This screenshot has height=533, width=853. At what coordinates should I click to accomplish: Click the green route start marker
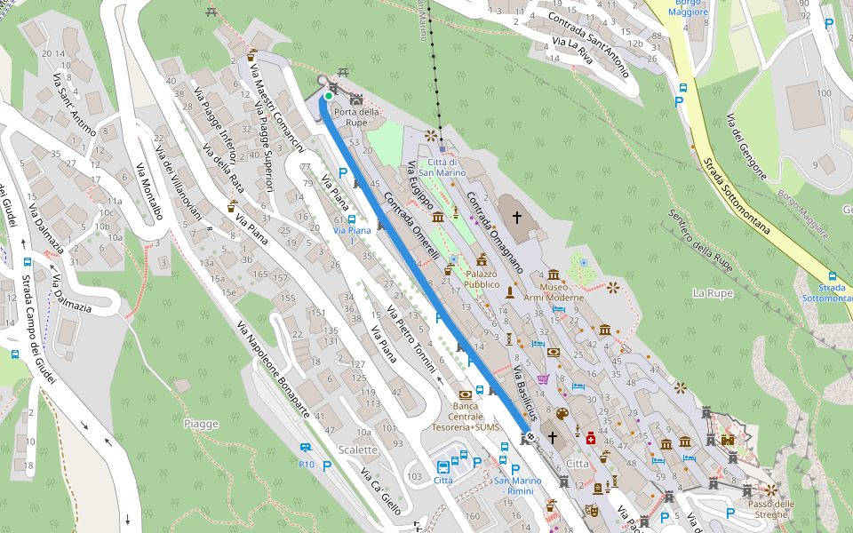pyautogui.click(x=328, y=96)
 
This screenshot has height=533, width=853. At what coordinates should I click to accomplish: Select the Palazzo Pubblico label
pyautogui.click(x=482, y=280)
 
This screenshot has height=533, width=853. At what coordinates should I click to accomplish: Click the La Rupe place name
pyautogui.click(x=711, y=292)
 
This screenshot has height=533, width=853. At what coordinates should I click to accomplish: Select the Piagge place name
pyautogui.click(x=201, y=424)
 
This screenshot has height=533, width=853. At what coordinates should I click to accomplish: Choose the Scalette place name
pyautogui.click(x=358, y=449)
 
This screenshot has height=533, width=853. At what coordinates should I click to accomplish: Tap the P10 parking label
pyautogui.click(x=307, y=465)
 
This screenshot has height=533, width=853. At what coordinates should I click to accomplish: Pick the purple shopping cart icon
pyautogui.click(x=543, y=379)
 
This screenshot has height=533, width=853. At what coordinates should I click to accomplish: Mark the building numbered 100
pyautogui.click(x=823, y=93)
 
